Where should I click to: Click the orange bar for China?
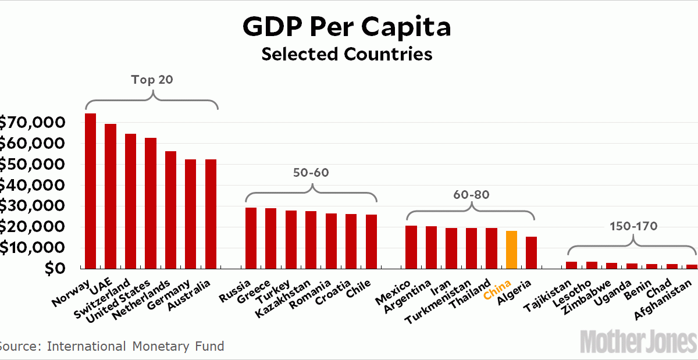click(511, 250)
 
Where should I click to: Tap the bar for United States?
click(151, 203)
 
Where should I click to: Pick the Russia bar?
click(251, 238)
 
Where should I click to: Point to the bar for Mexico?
click(411, 247)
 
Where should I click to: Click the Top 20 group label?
click(152, 80)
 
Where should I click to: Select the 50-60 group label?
click(312, 173)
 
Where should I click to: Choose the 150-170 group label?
click(633, 226)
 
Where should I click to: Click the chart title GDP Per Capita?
click(347, 27)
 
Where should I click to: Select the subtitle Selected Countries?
click(347, 54)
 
